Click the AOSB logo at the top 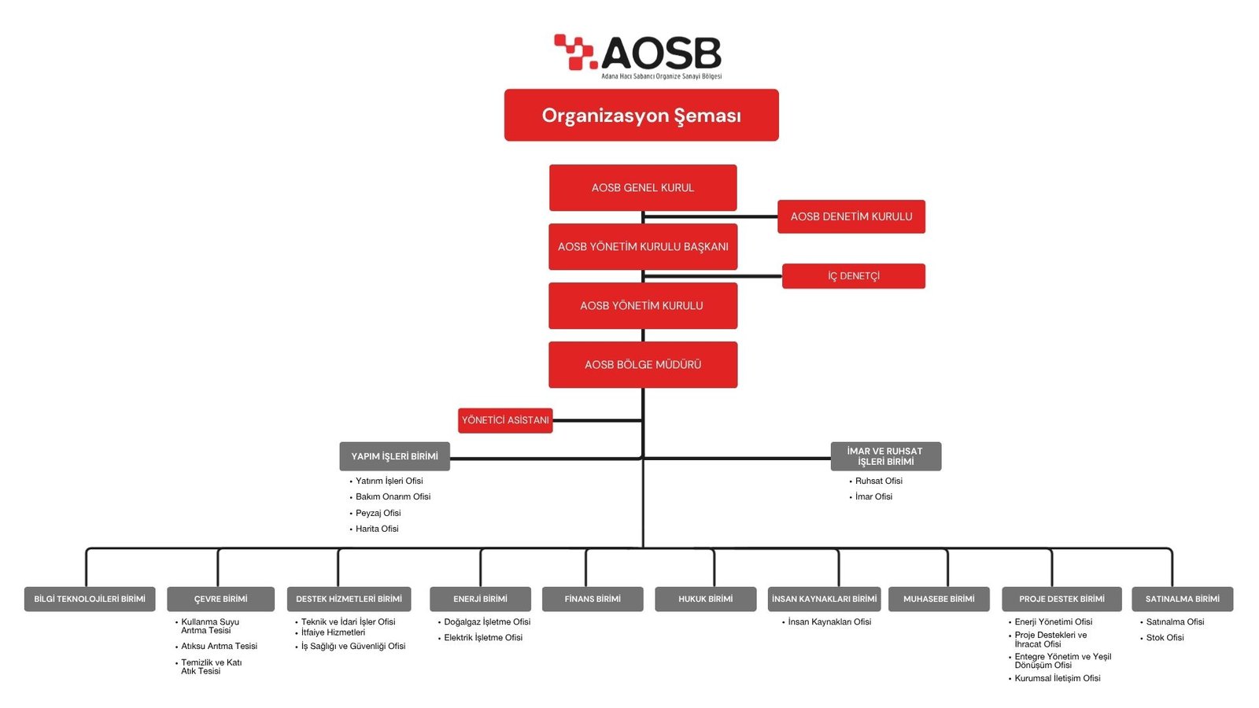tap(638, 55)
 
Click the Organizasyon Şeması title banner tap(641, 115)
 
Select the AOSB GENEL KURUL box tap(643, 187)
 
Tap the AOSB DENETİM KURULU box tap(851, 216)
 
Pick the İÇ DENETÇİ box tap(854, 276)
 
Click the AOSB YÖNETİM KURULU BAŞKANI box tap(643, 246)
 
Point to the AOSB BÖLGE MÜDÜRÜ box tap(643, 364)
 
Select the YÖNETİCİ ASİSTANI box tap(505, 420)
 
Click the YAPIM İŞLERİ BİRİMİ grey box tap(394, 456)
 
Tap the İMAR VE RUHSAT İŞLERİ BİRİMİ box tap(885, 456)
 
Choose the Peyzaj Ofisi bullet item tap(378, 513)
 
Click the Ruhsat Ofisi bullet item tap(878, 481)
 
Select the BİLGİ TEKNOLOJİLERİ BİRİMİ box tap(90, 599)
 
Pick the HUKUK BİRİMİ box tap(705, 599)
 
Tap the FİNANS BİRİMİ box tap(593, 599)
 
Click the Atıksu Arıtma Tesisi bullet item tap(219, 646)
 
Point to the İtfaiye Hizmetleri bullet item tap(333, 632)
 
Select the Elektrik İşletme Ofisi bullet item tap(483, 637)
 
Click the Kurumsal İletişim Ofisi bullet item tap(1057, 678)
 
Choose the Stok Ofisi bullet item tap(1165, 637)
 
